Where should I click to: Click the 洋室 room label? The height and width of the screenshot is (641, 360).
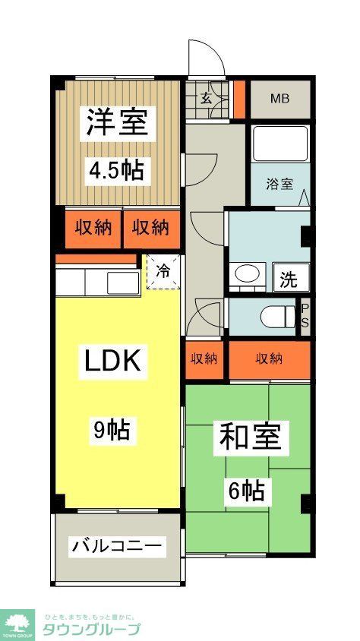[117, 122]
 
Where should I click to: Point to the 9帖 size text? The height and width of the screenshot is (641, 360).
[111, 431]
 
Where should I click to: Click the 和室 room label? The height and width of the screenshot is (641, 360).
[250, 437]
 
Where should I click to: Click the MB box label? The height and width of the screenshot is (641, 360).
[280, 99]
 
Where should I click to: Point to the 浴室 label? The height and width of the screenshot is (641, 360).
[279, 184]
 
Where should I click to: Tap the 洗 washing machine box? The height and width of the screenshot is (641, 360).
[289, 279]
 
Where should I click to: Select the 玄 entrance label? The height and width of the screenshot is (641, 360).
[207, 97]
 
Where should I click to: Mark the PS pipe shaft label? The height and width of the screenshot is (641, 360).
[305, 315]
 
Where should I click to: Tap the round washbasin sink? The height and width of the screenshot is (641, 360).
[245, 274]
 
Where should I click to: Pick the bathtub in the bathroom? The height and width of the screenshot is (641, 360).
[279, 144]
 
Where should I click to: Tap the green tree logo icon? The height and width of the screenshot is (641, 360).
[17, 622]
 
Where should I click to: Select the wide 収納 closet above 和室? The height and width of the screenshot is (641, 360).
[270, 358]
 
